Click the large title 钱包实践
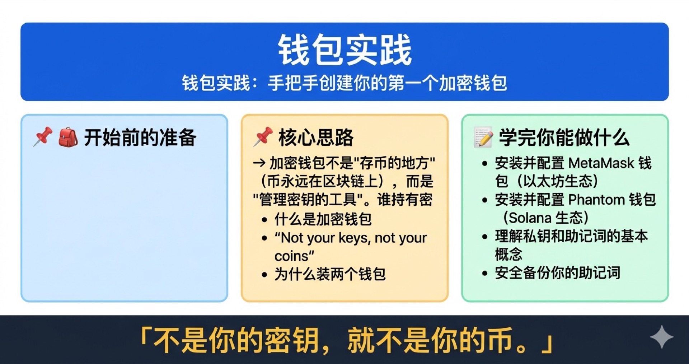click(344, 50)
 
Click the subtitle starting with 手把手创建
click(387, 83)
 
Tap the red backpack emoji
click(68, 137)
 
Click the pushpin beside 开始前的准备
click(43, 137)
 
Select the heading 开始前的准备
click(140, 137)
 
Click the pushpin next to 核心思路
click(263, 137)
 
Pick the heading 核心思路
click(316, 137)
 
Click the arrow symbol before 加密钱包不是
click(259, 163)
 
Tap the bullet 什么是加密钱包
click(323, 219)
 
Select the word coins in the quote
click(291, 256)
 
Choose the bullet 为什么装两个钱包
click(330, 274)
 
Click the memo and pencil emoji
click(483, 137)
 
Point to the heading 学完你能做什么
click(564, 137)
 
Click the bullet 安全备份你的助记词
click(557, 273)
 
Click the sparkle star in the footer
click(661, 337)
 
